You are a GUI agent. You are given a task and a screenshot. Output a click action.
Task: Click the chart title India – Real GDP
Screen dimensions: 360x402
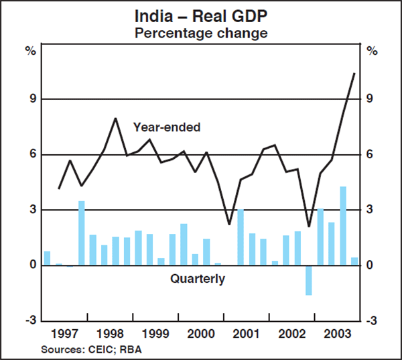point(200,15)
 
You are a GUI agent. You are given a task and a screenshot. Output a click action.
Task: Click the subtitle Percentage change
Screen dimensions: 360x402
point(200,32)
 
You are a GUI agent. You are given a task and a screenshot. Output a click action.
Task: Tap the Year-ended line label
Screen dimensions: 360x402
point(166,127)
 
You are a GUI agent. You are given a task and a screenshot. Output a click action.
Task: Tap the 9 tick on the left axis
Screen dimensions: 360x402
point(31,99)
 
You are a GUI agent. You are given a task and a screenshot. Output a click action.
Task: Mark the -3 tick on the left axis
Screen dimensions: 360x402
point(29,321)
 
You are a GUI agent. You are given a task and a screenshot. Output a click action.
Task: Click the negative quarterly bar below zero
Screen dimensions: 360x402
point(309,280)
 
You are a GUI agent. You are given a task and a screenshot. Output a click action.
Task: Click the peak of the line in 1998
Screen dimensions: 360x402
point(115,119)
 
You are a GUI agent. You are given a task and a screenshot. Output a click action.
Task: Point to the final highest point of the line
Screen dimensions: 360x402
point(354,73)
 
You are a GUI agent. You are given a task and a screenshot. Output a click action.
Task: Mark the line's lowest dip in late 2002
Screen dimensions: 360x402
point(309,227)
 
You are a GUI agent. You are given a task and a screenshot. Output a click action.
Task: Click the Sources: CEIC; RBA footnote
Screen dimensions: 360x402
point(92,349)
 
